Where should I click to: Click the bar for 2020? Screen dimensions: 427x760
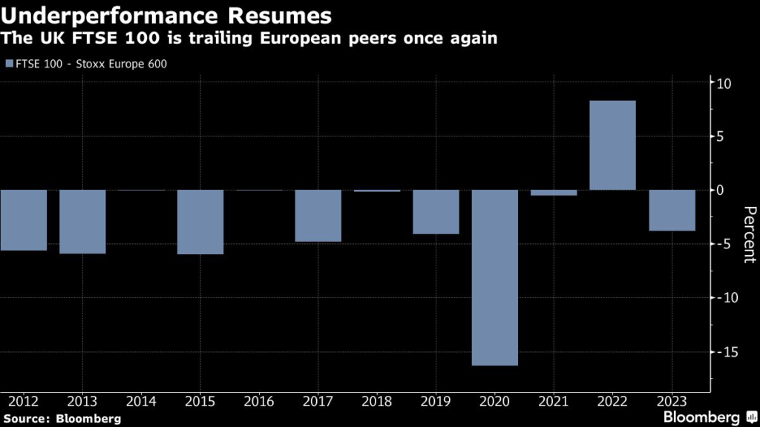click(495, 277)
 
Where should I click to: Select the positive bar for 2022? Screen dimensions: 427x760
click(612, 145)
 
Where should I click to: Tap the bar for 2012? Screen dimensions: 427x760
click(24, 220)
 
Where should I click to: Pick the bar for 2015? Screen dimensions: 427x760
click(200, 222)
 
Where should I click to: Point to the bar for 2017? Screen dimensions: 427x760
click(318, 216)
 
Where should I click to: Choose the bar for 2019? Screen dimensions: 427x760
click(436, 212)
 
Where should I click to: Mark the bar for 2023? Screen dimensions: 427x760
click(672, 211)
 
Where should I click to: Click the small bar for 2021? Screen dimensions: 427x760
click(554, 193)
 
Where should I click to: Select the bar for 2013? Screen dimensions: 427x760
click(82, 222)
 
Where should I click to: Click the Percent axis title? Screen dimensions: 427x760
click(747, 235)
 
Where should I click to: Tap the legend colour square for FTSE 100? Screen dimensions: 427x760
click(8, 64)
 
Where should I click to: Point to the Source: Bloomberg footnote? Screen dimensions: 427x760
click(62, 419)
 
